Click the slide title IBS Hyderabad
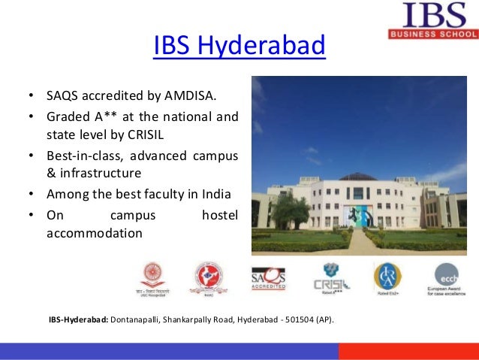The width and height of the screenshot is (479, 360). (239, 46)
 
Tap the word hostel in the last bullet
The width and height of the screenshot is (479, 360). (219, 214)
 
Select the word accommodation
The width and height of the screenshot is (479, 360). (94, 233)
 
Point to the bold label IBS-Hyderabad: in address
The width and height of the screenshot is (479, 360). (79, 320)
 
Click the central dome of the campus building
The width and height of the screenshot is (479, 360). (357, 177)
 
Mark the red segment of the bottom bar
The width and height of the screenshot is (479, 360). (408, 351)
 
